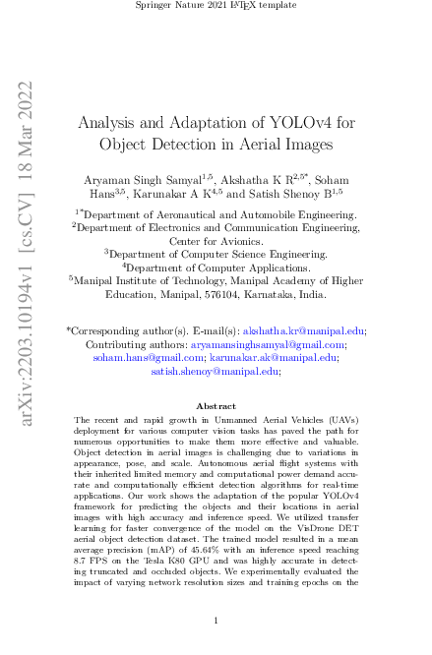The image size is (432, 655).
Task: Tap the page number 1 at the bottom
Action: pyautogui.click(x=216, y=618)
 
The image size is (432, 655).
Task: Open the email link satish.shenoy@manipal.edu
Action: pyautogui.click(x=214, y=373)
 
